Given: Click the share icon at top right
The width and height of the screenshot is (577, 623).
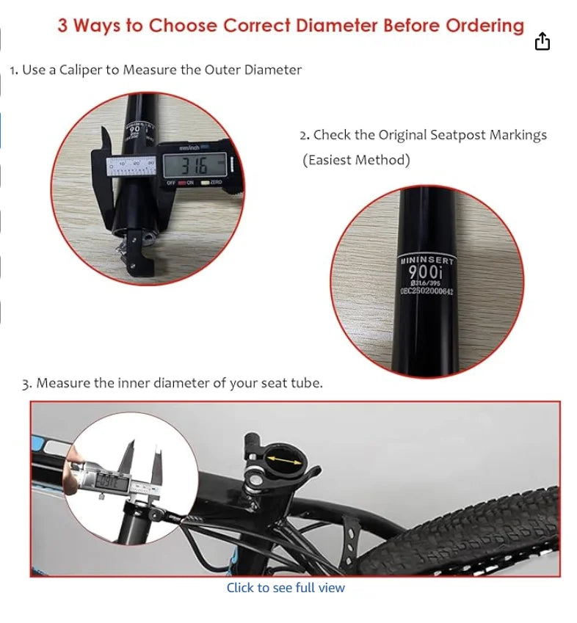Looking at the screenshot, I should tap(542, 42).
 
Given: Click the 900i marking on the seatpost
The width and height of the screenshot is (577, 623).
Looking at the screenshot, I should tap(427, 272).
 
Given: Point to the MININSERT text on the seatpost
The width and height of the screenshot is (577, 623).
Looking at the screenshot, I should tap(427, 260).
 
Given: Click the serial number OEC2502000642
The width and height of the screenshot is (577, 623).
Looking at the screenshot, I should tap(427, 291).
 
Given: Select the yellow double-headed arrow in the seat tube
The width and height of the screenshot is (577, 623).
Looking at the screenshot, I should tap(282, 460).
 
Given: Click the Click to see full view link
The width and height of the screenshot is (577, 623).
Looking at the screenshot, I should tap(285, 588).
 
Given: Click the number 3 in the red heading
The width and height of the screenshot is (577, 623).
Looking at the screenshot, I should tap(63, 26).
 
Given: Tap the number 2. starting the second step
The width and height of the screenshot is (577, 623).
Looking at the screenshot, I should tap(305, 135).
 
